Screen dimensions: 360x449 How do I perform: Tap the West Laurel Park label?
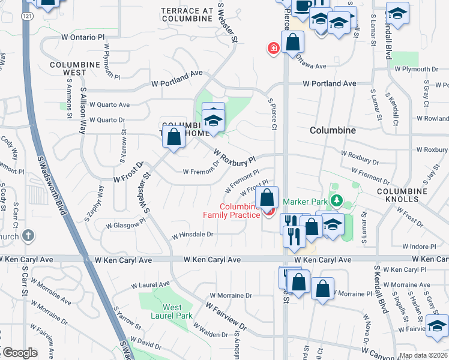[x=172, y=311]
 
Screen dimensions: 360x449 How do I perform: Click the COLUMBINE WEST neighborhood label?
[x=74, y=68]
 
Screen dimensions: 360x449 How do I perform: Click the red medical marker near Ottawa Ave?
[x=274, y=47]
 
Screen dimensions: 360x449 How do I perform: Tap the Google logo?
[x=19, y=353]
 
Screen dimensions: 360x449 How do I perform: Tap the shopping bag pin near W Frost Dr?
[x=173, y=137]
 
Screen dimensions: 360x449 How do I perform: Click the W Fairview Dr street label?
[x=226, y=315]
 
